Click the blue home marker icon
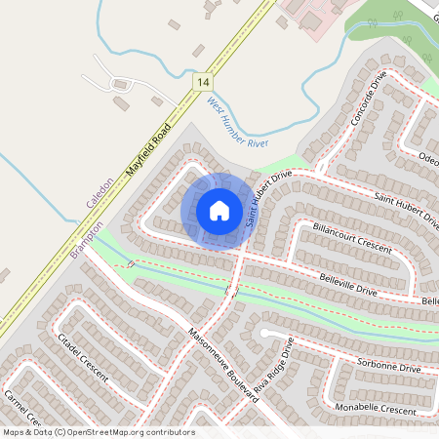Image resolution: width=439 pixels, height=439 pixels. [219, 210]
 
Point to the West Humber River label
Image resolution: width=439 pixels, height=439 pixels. [237, 129]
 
